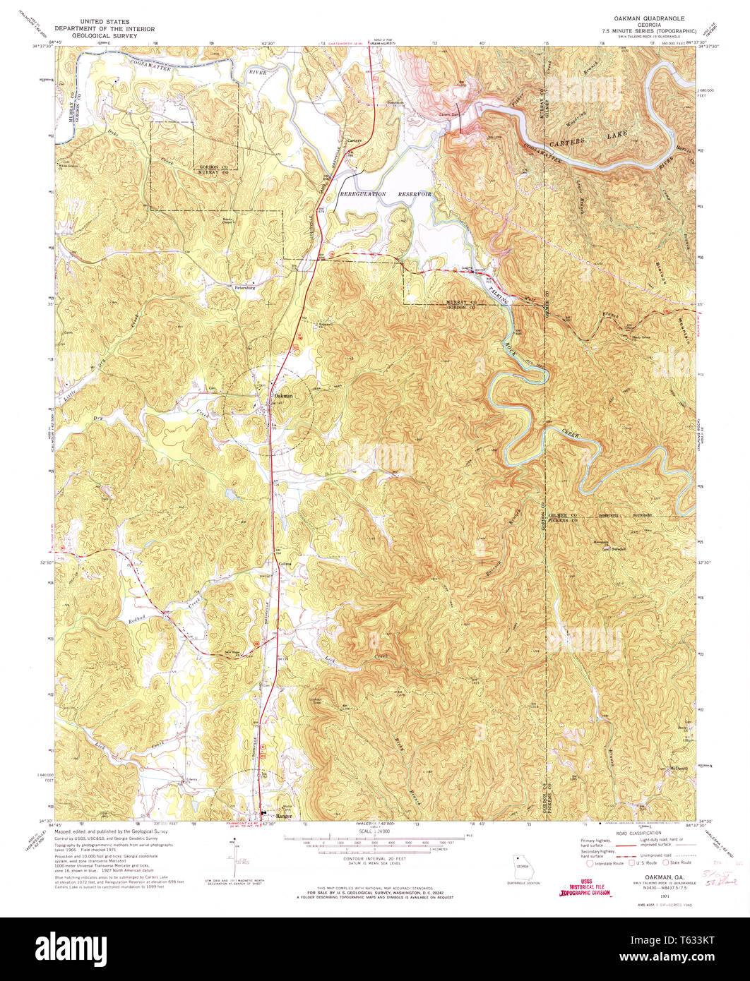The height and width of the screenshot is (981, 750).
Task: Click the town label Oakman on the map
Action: coord(283,396)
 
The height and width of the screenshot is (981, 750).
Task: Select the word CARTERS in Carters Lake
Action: coord(566,142)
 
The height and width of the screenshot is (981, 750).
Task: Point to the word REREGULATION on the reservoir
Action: coord(364,193)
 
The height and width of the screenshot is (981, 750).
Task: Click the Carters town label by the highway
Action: coord(355,140)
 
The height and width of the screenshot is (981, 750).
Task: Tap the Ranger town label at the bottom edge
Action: coord(283,816)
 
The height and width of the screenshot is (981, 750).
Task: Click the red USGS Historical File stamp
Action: coord(585,887)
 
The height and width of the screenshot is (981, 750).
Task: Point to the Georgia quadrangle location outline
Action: coord(523,866)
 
